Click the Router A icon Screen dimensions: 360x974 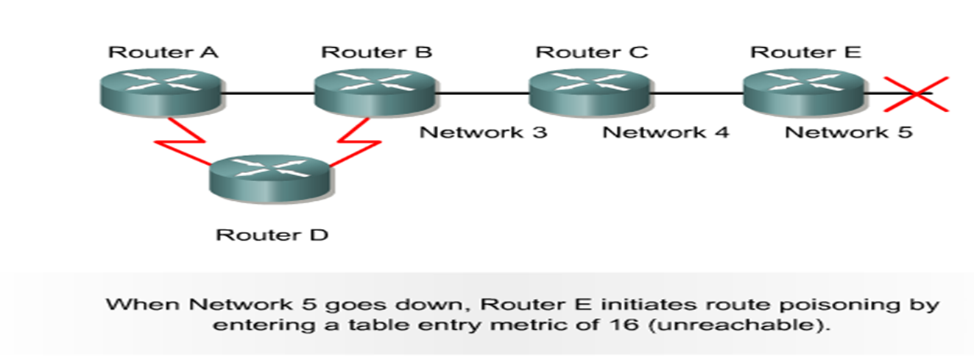click(x=160, y=91)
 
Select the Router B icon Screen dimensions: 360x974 click(x=375, y=91)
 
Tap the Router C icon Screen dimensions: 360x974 click(x=590, y=91)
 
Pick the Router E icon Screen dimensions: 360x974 click(x=804, y=91)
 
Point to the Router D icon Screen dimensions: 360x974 click(x=270, y=175)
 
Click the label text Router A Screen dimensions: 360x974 click(x=163, y=52)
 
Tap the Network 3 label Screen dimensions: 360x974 click(x=483, y=133)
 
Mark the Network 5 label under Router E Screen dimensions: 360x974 click(x=848, y=133)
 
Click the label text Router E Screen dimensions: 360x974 click(x=805, y=52)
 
